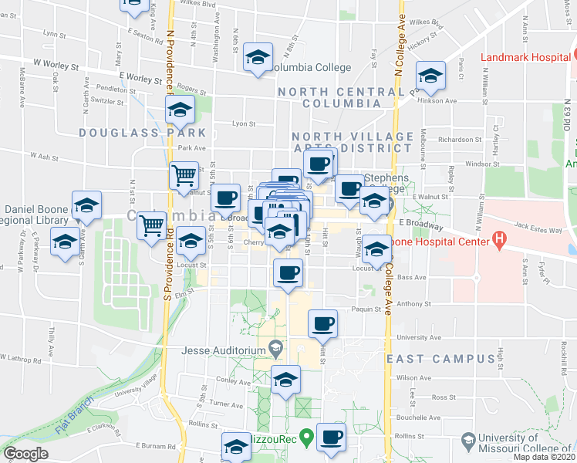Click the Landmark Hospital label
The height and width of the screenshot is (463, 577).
(x=525, y=57)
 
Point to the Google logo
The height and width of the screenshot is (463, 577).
(x=25, y=453)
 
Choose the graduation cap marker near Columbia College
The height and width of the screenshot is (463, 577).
(x=258, y=56)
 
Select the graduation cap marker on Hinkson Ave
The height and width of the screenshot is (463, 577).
(x=430, y=76)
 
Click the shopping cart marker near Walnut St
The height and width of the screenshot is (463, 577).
(x=184, y=175)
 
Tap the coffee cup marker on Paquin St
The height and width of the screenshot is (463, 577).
(x=322, y=323)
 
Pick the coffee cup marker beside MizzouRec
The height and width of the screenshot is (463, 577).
(x=332, y=436)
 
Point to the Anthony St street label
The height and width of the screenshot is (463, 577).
(x=412, y=303)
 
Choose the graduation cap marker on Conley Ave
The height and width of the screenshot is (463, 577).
(x=285, y=380)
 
